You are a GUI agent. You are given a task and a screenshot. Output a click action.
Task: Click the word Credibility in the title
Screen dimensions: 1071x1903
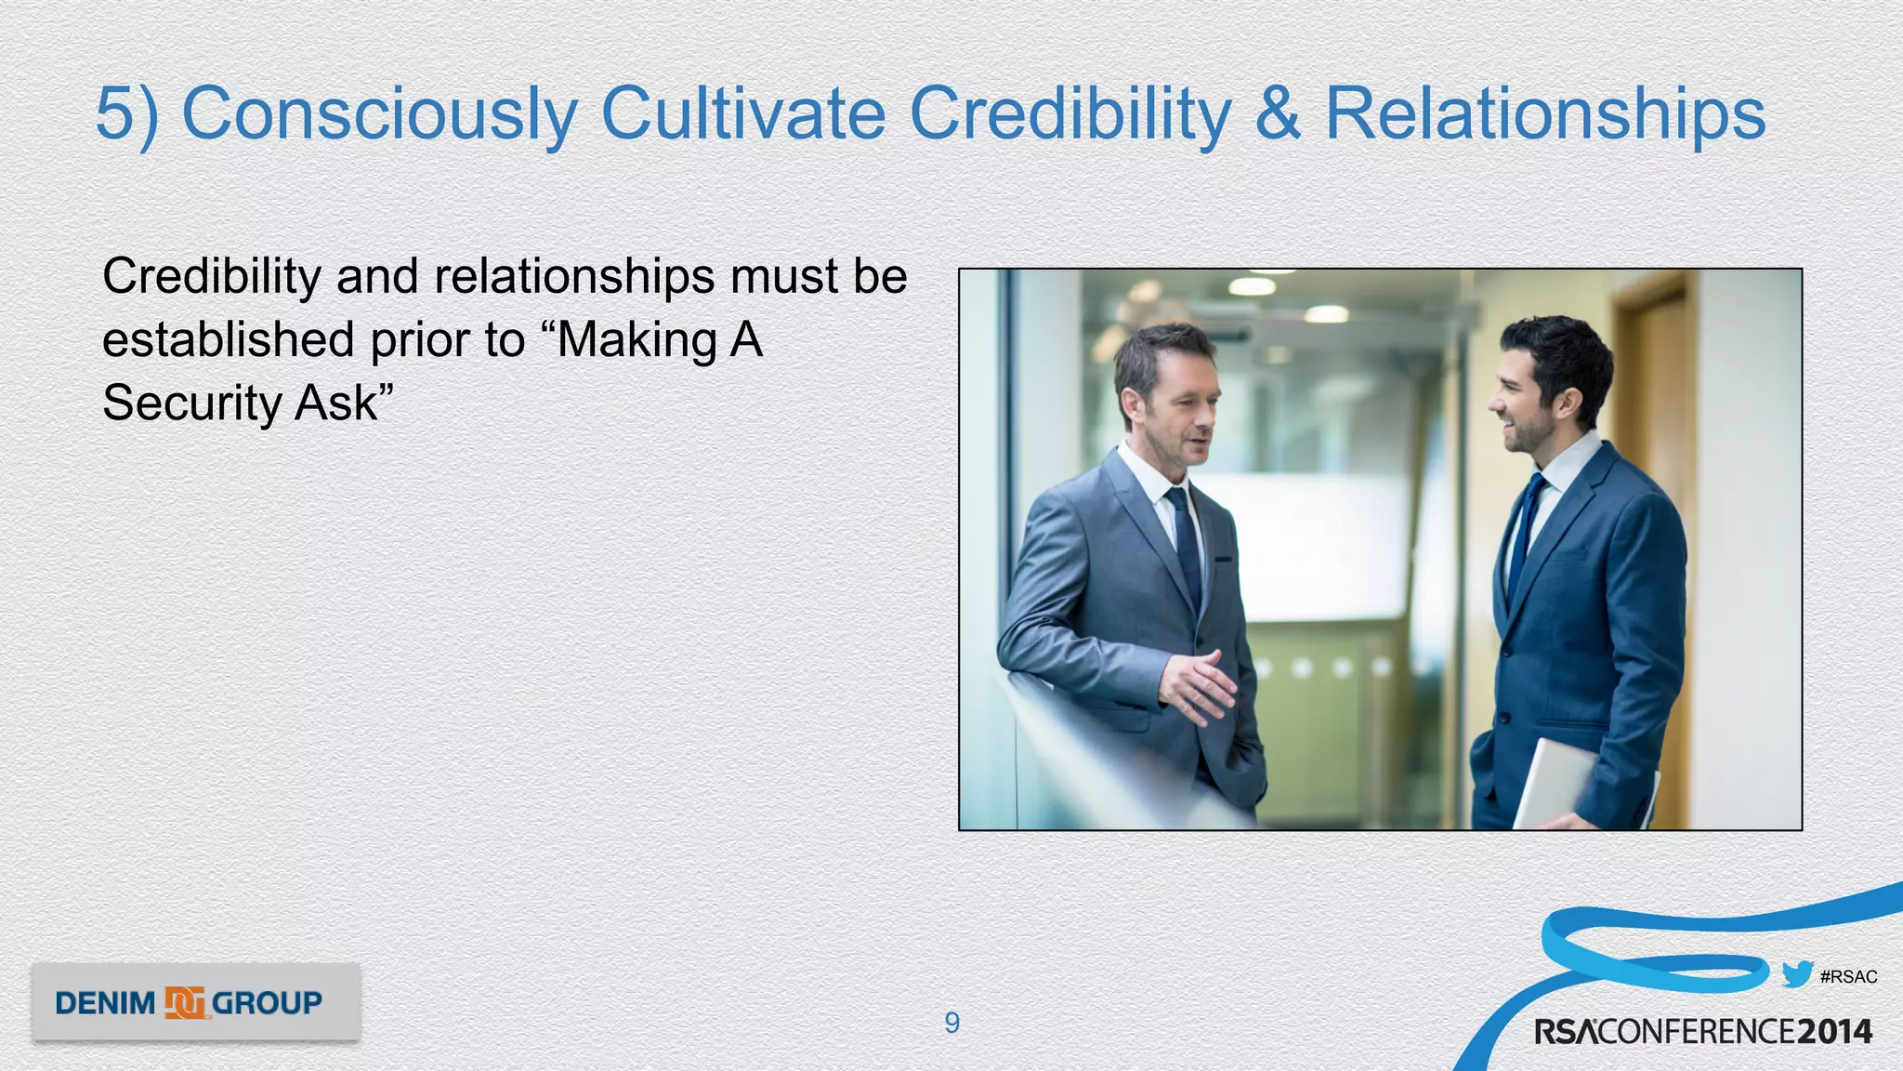click(x=1070, y=113)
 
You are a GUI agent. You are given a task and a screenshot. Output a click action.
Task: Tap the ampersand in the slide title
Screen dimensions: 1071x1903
click(x=1278, y=113)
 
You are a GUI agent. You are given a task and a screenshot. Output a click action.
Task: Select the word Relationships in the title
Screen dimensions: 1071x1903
click(x=1544, y=113)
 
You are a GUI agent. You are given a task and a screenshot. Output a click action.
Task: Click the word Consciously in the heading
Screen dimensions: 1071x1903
click(x=379, y=113)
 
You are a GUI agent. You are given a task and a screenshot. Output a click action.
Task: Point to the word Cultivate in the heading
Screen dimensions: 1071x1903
click(x=743, y=113)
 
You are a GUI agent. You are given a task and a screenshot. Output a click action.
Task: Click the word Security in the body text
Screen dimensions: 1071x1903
click(x=191, y=403)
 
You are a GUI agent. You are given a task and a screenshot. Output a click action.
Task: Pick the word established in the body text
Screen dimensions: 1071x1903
click(x=228, y=339)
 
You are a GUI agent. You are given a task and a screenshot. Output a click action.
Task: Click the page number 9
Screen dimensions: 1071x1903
click(x=951, y=1023)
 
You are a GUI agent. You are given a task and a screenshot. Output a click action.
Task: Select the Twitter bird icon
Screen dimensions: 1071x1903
click(x=1797, y=974)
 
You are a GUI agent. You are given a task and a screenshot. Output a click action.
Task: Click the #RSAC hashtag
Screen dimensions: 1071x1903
click(x=1848, y=977)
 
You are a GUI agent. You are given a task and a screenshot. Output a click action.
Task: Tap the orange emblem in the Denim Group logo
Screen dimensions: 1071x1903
click(x=185, y=1002)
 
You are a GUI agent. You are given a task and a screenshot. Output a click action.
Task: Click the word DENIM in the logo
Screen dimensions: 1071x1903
click(x=105, y=1003)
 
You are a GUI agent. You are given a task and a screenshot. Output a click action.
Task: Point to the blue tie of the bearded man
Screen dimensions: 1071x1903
click(x=1524, y=539)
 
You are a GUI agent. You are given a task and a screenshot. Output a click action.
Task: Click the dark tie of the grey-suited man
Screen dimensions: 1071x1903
click(x=1187, y=549)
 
